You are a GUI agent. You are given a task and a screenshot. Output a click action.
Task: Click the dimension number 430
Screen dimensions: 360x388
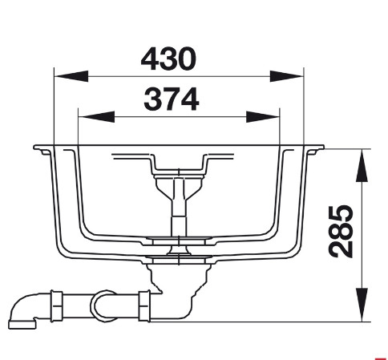coord(168,58)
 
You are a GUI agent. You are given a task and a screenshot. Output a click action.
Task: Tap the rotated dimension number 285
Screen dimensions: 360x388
coord(343,231)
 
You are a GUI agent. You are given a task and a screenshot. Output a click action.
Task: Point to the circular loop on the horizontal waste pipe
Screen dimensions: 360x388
coord(103,304)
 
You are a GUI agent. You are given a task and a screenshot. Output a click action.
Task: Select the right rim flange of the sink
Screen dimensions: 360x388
coord(314,149)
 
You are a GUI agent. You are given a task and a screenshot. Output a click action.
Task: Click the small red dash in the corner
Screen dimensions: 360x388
coord(381,353)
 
